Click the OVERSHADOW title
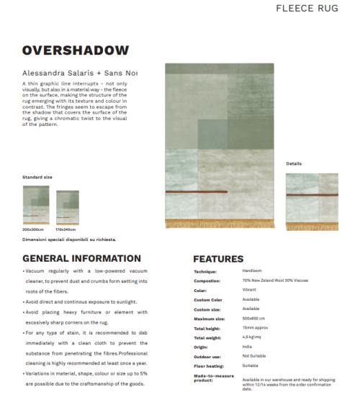pyautogui.click(x=76, y=50)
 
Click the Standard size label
pyautogui.click(x=37, y=176)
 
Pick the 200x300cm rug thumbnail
pyautogui.click(x=36, y=206)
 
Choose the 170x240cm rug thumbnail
pyautogui.click(x=68, y=207)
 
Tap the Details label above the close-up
pyautogui.click(x=294, y=164)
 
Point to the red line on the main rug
pyautogui.click(x=196, y=192)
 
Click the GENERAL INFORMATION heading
pyautogui.click(x=81, y=258)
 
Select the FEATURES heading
pyautogui.click(x=218, y=259)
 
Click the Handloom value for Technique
pyautogui.click(x=252, y=271)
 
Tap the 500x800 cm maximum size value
pyautogui.click(x=253, y=318)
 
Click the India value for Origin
pyautogui.click(x=247, y=346)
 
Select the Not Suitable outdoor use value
pyautogui.click(x=256, y=355)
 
